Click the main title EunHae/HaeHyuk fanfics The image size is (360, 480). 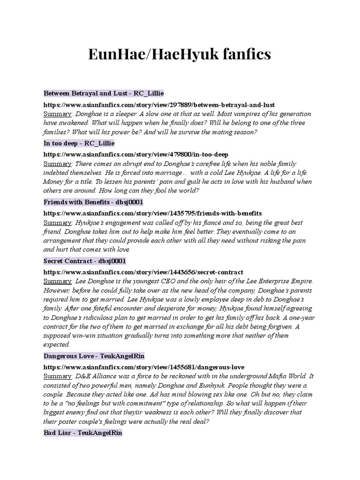pos(180,54)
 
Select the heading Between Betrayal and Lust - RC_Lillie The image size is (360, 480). pos(104,94)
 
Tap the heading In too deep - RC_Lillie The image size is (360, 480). pos(79,143)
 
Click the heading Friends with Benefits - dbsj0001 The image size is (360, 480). pos(93,202)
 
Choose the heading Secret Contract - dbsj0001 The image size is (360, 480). pos(85,261)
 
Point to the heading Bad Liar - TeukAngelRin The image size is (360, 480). pos(83,433)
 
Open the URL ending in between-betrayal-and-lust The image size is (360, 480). pos(159,105)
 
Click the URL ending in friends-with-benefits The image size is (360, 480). pos(152,213)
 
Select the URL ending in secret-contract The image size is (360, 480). pos(143,272)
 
